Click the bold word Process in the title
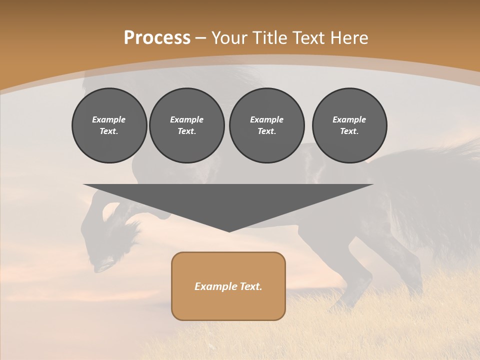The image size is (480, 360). pos(157,38)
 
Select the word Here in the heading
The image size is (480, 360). pos(349,38)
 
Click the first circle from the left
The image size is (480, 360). pos(109,125)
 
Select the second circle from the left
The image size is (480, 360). pos(187,125)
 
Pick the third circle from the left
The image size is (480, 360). pos(267,125)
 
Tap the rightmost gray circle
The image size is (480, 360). pos(349,125)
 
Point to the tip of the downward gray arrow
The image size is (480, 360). pos(229,231)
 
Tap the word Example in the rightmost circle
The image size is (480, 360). pos(349,119)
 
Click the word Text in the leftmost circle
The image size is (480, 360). pos(108,131)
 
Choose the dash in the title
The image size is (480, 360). pos(201,38)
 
